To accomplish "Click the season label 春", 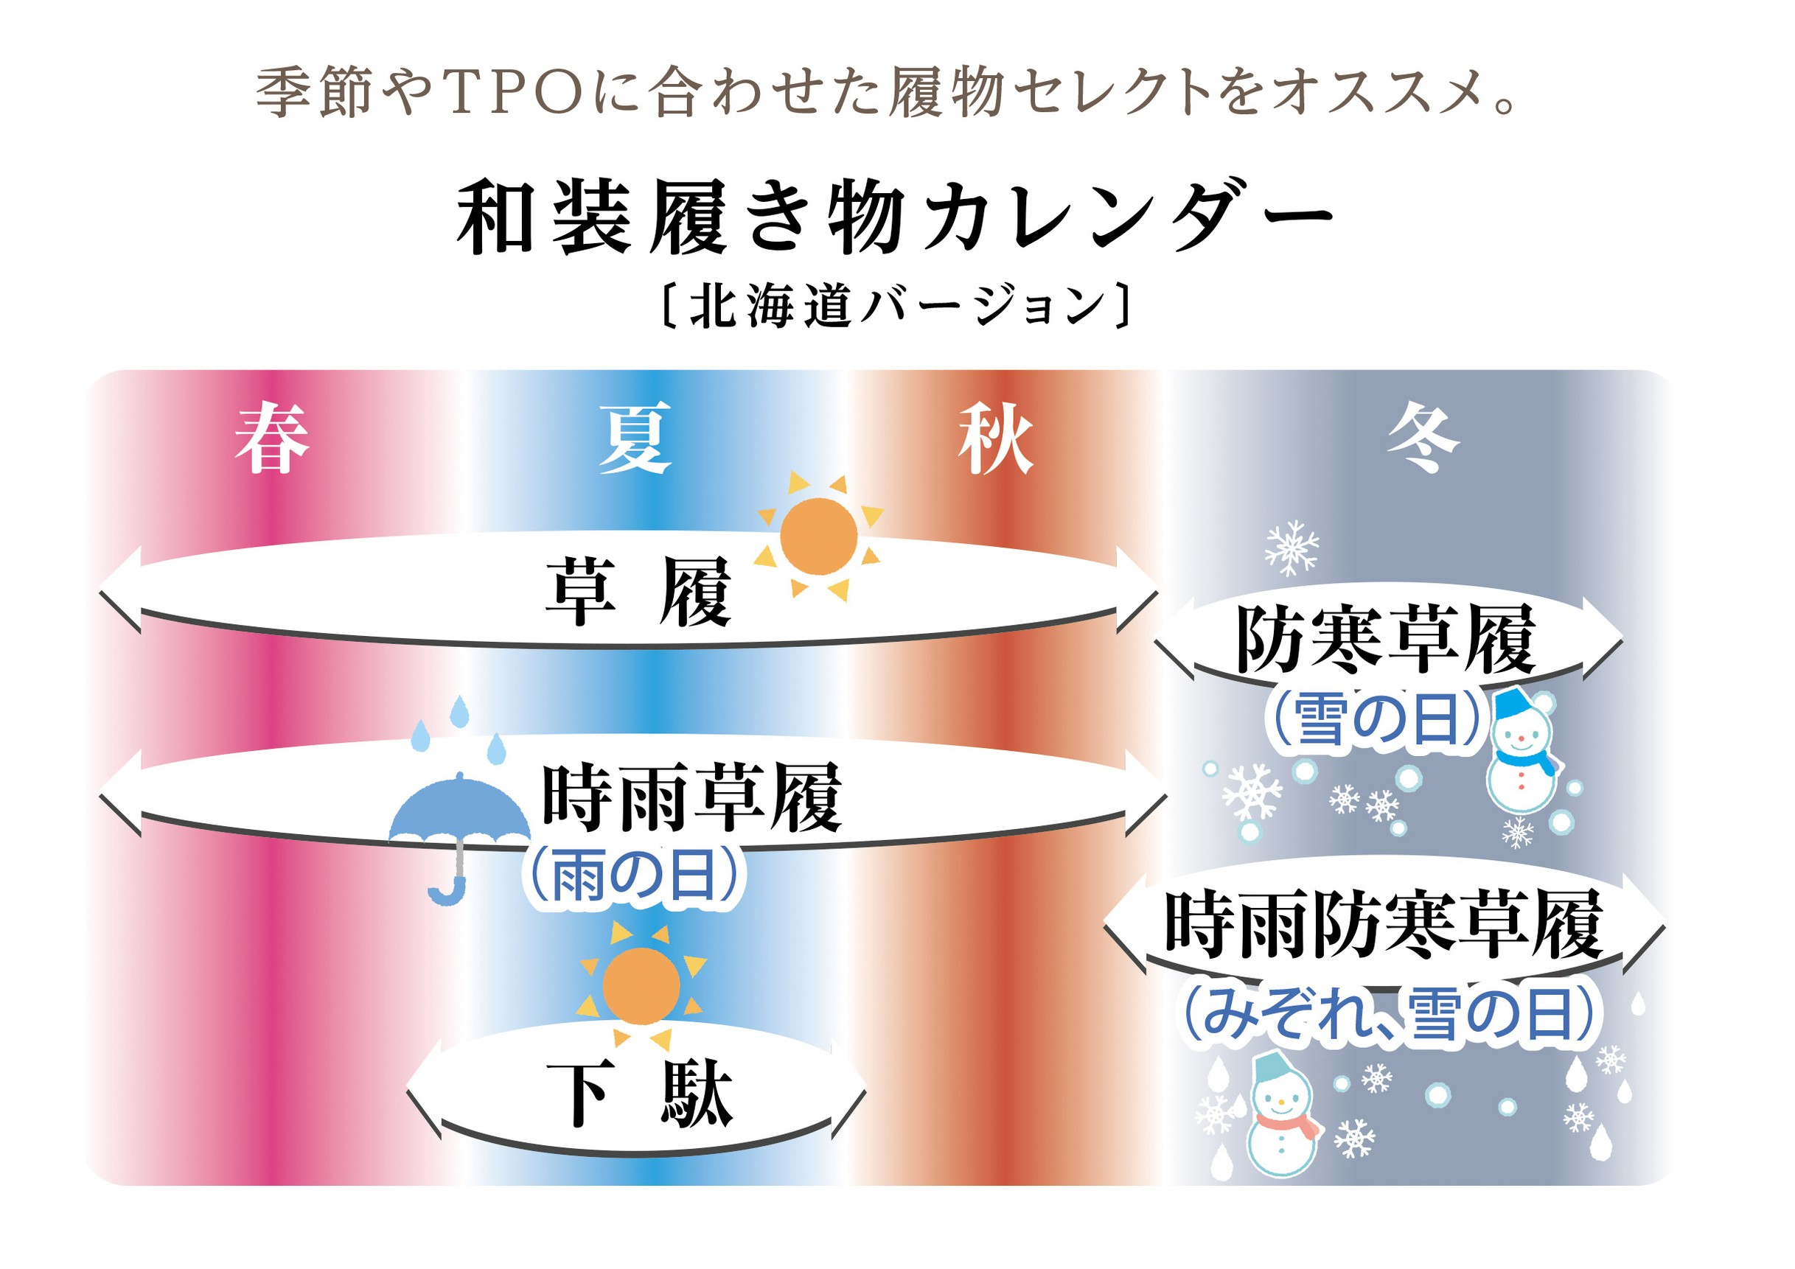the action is point(272,438).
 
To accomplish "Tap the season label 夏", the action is point(635,438).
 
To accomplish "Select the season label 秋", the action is point(996,438).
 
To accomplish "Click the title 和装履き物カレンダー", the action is point(896,217).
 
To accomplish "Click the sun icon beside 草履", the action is point(818,536).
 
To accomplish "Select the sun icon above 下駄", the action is point(641,985).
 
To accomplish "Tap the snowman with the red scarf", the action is point(1283,1116).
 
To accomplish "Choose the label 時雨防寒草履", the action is point(1384,926).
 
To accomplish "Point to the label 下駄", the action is point(640,1095).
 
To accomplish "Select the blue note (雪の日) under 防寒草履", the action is point(1378,719).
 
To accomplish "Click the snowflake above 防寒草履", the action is point(1292,548).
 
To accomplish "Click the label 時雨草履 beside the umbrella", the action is point(692,798).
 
